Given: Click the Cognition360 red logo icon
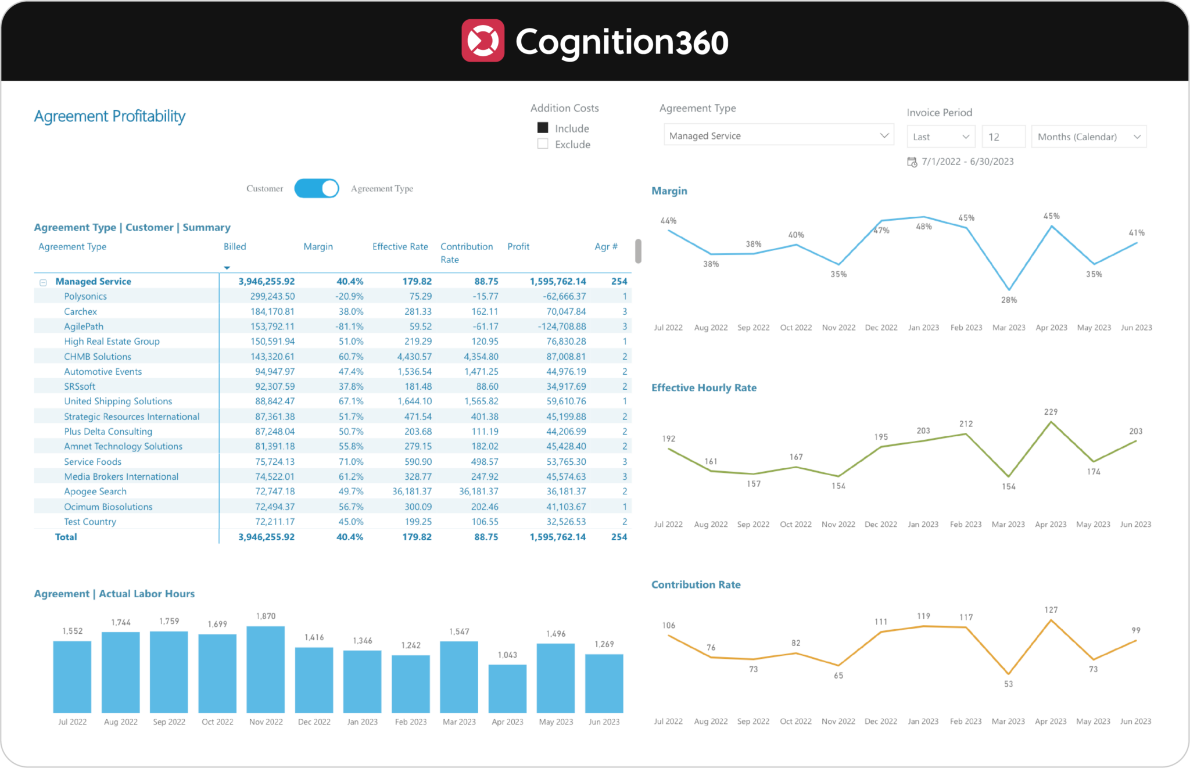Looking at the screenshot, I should [x=483, y=41].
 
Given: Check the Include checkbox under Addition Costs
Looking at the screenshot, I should [x=543, y=128].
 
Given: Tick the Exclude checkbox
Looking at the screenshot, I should [x=543, y=143].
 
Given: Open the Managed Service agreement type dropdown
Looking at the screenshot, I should [x=778, y=135].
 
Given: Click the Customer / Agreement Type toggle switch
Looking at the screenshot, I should [x=317, y=188].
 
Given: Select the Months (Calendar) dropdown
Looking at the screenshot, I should [x=1088, y=137].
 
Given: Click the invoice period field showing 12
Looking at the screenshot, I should [x=1002, y=137].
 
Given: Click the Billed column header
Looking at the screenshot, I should [x=235, y=246].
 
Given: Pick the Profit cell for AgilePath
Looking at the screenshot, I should [x=561, y=326].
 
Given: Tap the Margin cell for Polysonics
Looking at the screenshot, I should [x=349, y=296].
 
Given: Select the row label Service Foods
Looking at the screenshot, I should [x=92, y=461].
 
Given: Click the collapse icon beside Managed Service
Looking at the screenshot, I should [x=43, y=282].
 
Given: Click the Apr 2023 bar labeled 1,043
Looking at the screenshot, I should [x=507, y=688].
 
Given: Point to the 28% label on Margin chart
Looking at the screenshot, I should [x=1009, y=300].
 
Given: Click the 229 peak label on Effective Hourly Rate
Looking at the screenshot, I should [x=1051, y=412].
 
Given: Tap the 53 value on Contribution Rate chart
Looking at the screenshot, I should [x=1008, y=684].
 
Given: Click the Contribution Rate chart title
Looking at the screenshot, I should [x=696, y=584].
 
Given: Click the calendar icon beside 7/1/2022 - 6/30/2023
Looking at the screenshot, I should [x=912, y=162].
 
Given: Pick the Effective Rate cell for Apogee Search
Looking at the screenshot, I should [x=411, y=491].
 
